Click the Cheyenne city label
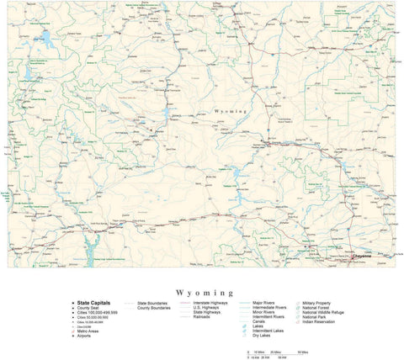[365, 255]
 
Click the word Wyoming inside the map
[232, 111]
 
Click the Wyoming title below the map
[201, 286]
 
